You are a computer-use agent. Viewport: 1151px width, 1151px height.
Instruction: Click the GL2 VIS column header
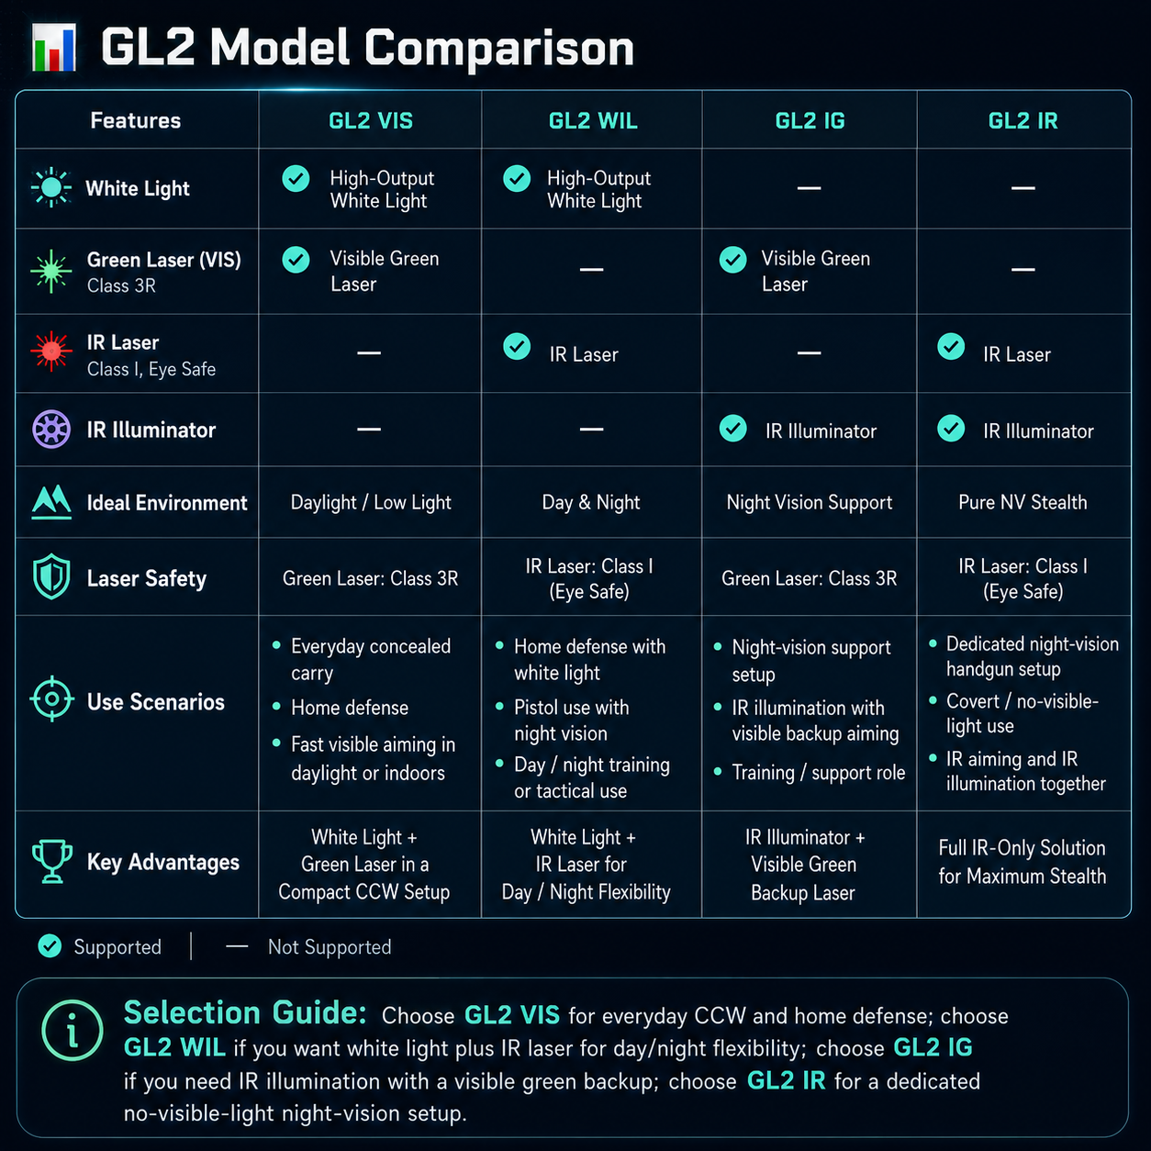pos(370,121)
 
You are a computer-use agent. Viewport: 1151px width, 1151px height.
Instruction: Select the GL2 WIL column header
pos(593,121)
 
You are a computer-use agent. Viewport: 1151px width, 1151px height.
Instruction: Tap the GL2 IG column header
pos(810,121)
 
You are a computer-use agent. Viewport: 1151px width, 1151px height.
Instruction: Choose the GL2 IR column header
pos(1022,121)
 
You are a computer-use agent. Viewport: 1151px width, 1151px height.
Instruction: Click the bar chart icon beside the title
pos(54,48)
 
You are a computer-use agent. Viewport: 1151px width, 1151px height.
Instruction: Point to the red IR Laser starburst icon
pos(51,352)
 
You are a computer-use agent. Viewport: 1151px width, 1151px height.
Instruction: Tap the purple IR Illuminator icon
pos(51,429)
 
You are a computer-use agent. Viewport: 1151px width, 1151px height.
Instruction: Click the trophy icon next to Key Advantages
pos(52,861)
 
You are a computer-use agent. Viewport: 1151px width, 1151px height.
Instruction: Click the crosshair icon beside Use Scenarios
pos(52,698)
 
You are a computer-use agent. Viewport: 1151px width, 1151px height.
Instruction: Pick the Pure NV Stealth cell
pos(1022,502)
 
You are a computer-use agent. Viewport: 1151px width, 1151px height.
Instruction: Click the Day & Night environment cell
pos(591,502)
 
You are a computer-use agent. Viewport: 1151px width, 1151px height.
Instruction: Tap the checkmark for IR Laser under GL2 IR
pos(951,346)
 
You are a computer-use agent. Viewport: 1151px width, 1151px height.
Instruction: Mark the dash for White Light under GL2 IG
pos(809,188)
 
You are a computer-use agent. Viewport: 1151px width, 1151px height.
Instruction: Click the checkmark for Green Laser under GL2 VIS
pos(296,260)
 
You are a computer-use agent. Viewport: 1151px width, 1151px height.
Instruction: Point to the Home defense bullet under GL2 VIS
pos(350,708)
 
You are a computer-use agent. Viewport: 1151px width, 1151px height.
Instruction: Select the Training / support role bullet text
pos(819,772)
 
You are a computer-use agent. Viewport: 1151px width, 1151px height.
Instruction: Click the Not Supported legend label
pos(330,946)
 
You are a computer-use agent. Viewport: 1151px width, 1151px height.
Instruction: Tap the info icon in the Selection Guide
pos(73,1030)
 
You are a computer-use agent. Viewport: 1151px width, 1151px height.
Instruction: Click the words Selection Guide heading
pos(245,1012)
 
